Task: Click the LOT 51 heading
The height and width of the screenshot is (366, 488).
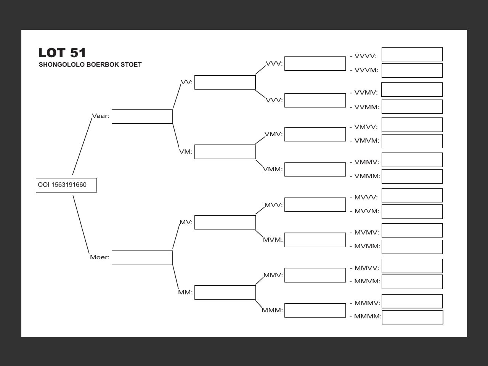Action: click(62, 53)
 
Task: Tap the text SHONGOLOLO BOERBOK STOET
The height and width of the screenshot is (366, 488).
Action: click(90, 65)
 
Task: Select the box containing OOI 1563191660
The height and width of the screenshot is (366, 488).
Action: click(66, 185)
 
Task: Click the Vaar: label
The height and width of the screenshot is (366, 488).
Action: click(101, 116)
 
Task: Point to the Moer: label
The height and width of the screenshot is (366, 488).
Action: click(100, 257)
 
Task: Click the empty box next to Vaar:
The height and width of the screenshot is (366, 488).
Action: click(142, 117)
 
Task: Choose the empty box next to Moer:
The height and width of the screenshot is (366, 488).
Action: click(142, 258)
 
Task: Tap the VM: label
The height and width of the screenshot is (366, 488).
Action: click(186, 152)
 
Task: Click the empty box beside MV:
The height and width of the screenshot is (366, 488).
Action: click(225, 222)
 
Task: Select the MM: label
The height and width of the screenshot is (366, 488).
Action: click(185, 292)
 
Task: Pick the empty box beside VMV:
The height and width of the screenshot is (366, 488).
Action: click(315, 134)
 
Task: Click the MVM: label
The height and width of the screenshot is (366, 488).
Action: click(273, 240)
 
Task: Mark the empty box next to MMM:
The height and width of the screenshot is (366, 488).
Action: click(315, 310)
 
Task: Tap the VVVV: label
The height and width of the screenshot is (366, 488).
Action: click(365, 56)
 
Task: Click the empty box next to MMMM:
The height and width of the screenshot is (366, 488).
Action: click(413, 317)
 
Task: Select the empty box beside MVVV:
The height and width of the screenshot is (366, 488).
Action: click(412, 196)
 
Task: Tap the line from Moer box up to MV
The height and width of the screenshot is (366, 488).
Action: click(176, 236)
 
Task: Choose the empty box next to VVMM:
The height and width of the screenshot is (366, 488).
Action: click(412, 107)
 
